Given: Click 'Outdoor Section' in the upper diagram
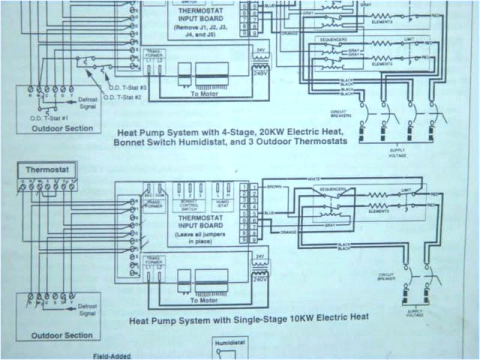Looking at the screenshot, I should pos(62,128).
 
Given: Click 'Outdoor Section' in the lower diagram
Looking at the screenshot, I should pos(62,336).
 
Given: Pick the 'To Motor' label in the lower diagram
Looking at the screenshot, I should pos(204,301).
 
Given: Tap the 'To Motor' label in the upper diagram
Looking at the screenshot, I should pos(204,94).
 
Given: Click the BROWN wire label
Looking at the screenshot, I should pos(277,187).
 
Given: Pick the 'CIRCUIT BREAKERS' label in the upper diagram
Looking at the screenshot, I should pos(340,113).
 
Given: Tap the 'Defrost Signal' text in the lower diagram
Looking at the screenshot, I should pos(88,309).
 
